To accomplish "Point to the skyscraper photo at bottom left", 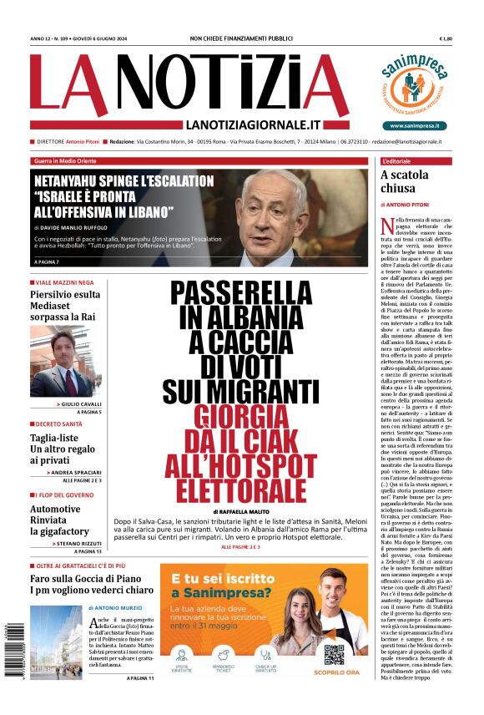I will pyautogui.click(x=55, y=641).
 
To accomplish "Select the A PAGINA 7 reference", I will pyautogui.click(x=49, y=262).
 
